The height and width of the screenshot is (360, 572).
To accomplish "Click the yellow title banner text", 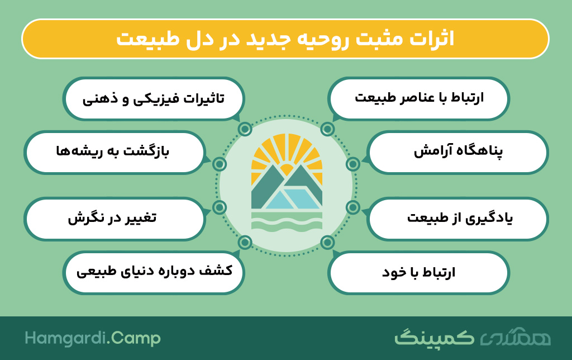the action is pos(285,39).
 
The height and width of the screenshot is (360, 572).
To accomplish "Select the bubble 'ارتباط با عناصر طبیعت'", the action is pos(418,98).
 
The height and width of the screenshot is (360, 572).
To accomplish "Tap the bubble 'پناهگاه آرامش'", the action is pos(458,152).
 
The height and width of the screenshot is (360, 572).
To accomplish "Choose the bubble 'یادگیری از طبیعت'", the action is pos(458,219).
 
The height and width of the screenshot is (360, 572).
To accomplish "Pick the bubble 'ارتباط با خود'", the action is pos(418,272).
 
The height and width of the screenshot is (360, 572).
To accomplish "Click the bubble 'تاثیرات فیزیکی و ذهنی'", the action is pos(154,98).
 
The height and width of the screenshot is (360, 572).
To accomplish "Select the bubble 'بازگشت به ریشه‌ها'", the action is pos(115,152).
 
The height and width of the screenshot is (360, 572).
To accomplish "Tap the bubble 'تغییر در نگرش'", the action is pos(115,219).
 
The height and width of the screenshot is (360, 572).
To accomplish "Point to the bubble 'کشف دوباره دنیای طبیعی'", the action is pos(154,272).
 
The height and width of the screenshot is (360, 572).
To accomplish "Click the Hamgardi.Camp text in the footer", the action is pos(93,338).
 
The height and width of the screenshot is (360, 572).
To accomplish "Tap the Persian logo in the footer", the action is pos(473,338).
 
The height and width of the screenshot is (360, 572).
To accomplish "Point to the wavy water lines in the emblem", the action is pos(287,223).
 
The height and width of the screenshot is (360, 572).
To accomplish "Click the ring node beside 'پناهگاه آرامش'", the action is pos(353,164).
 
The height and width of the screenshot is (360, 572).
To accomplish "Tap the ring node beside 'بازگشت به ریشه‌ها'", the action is pos(219,164).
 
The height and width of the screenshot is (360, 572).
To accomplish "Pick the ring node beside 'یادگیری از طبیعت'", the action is pos(353,207).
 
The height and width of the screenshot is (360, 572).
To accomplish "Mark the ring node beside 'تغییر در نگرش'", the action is pos(219,207).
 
